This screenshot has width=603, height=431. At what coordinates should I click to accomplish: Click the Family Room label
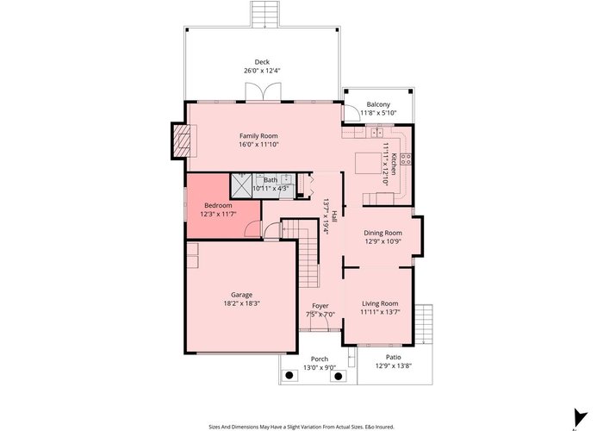pyautogui.click(x=258, y=136)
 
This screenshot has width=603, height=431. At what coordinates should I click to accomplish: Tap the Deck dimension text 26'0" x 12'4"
pyautogui.click(x=262, y=71)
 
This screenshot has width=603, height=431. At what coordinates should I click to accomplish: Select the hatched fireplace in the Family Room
pyautogui.click(x=182, y=141)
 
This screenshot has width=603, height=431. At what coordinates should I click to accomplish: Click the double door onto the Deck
pyautogui.click(x=263, y=92)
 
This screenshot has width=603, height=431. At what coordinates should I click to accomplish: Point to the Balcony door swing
pyautogui.click(x=349, y=113)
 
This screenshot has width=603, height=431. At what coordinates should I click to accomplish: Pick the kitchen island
pyautogui.click(x=368, y=163)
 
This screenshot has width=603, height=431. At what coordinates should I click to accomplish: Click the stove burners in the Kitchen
pyautogui.click(x=406, y=159)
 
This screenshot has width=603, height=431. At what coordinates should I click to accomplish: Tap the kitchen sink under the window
pyautogui.click(x=377, y=133)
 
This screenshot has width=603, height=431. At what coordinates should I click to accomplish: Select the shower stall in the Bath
pyautogui.click(x=241, y=185)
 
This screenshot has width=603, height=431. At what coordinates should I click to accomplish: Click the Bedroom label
pyautogui.click(x=218, y=205)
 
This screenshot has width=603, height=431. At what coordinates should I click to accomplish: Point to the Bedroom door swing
pyautogui.click(x=252, y=230)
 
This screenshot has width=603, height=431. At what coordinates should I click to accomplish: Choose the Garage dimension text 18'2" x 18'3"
pyautogui.click(x=242, y=303)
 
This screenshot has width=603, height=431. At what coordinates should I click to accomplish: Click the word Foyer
pyautogui.click(x=320, y=306)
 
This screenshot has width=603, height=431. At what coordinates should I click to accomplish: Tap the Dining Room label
pyautogui.click(x=383, y=233)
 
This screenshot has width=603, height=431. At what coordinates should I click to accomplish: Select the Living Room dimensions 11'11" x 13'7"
pyautogui.click(x=381, y=312)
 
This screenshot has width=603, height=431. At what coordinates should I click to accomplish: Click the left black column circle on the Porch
pyautogui.click(x=289, y=375)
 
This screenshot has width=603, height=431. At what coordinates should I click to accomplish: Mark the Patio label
pyautogui.click(x=394, y=357)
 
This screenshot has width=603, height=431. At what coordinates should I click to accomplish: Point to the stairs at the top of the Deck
pyautogui.click(x=264, y=15)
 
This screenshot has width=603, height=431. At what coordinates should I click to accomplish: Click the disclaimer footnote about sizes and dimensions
pyautogui.click(x=301, y=427)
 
